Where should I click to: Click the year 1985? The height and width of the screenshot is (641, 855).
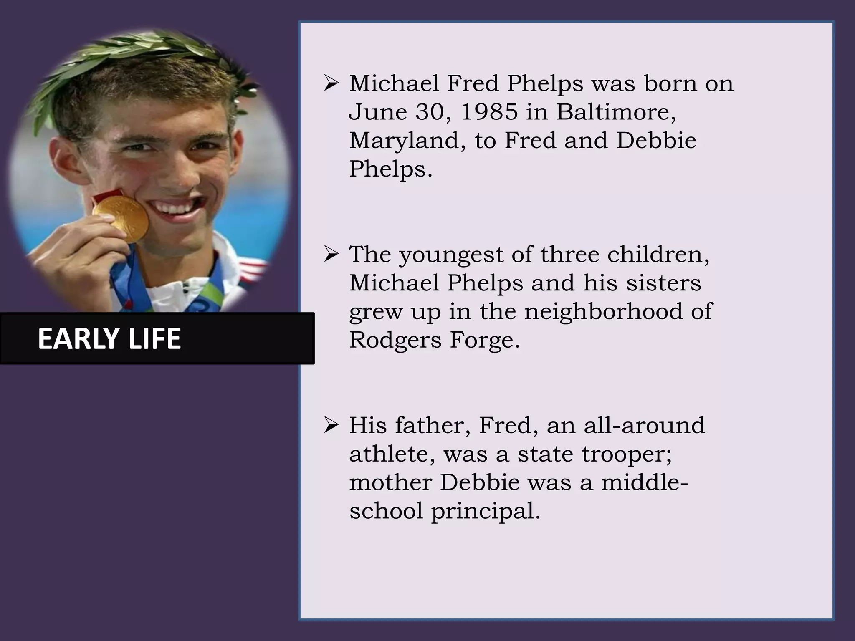[x=489, y=112]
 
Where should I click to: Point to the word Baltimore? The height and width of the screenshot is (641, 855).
[x=616, y=112]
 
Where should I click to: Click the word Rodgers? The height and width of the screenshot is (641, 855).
[x=395, y=341]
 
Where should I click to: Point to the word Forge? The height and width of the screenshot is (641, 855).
[x=485, y=340]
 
